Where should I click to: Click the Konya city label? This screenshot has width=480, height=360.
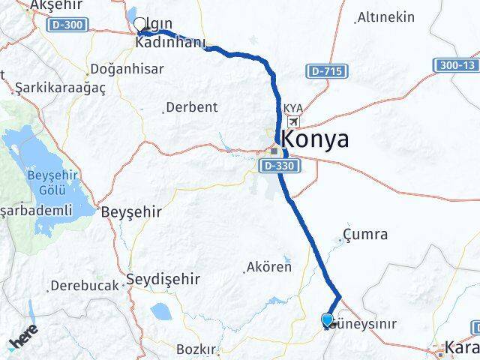(315, 139)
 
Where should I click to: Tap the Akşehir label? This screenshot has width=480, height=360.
(55, 5)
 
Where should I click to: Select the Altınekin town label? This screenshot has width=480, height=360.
(386, 16)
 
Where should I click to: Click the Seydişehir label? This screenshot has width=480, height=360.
(163, 279)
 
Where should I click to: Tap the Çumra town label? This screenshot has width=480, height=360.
(367, 235)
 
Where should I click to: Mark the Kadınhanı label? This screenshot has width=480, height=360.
(170, 43)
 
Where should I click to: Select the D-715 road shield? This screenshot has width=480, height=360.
(325, 70)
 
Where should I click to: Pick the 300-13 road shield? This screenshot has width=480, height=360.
(456, 66)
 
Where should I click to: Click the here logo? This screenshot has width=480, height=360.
(25, 340)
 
